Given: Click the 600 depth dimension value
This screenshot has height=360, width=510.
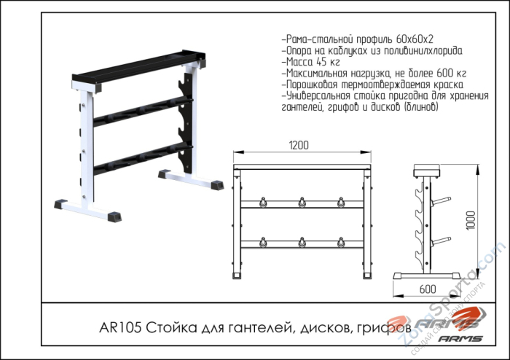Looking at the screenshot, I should (x=428, y=289).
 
